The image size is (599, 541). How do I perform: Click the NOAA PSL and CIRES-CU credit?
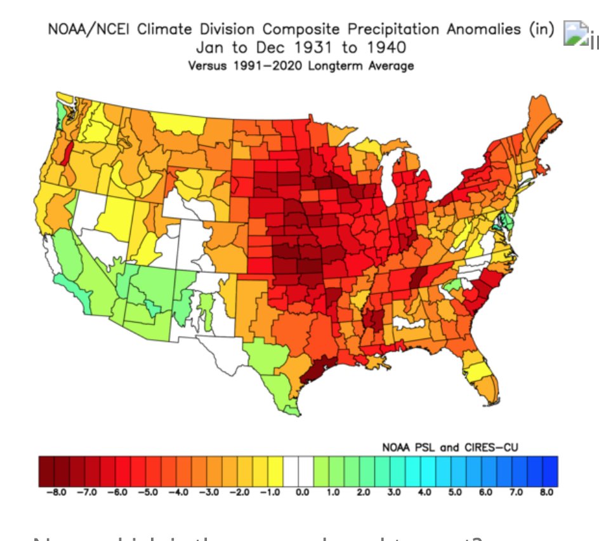pyautogui.click(x=450, y=447)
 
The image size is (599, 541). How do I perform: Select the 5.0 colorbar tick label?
pyautogui.click(x=454, y=492)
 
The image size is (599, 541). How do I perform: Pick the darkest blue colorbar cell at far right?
pyautogui.click(x=550, y=471)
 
